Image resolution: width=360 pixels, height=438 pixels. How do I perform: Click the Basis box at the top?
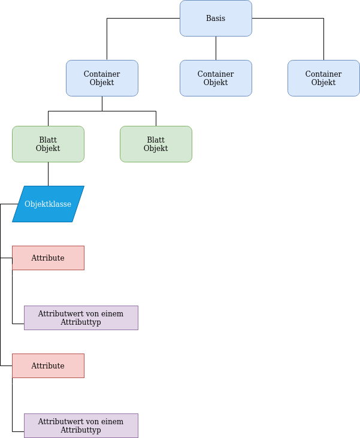click(x=216, y=18)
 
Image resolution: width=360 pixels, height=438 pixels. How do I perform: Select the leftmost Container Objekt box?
click(x=102, y=78)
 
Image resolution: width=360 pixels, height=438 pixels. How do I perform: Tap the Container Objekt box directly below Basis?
click(x=216, y=78)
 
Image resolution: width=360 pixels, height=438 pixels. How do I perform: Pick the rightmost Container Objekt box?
click(x=323, y=78)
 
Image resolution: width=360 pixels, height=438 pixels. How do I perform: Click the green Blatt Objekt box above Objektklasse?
click(x=48, y=144)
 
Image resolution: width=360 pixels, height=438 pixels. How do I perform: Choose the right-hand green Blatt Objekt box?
click(x=156, y=144)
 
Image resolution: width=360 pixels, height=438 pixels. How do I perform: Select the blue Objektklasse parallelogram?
click(x=48, y=204)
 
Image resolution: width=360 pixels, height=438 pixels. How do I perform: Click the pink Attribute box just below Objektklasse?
click(x=48, y=258)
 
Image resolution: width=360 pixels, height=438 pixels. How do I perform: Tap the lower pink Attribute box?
click(x=48, y=365)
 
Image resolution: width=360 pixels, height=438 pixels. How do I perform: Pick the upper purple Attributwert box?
click(x=81, y=318)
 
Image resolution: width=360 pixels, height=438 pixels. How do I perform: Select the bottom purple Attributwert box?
click(x=81, y=425)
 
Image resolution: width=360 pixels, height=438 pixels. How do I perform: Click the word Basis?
click(x=216, y=19)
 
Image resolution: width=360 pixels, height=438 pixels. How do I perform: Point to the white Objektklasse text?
click(x=48, y=204)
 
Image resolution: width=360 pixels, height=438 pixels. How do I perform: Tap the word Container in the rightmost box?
click(x=323, y=74)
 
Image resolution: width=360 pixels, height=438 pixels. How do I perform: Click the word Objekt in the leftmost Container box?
click(x=102, y=83)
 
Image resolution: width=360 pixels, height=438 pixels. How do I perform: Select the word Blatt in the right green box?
click(x=156, y=140)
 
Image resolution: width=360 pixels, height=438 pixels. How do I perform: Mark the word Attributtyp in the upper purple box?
click(x=81, y=322)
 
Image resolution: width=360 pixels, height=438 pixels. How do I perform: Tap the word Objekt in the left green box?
click(x=48, y=149)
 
